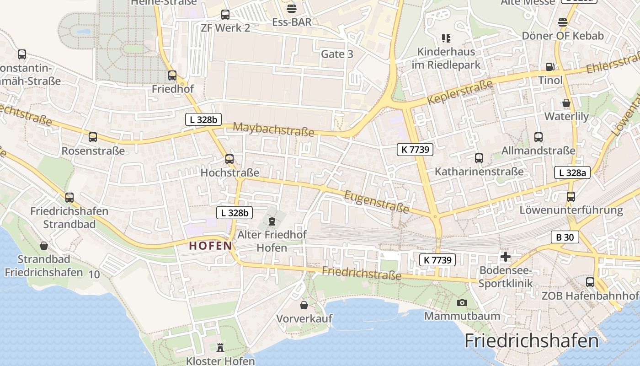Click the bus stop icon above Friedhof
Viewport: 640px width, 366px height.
(172, 75)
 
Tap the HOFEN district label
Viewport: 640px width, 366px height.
(211, 246)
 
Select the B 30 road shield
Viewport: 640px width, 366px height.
(565, 237)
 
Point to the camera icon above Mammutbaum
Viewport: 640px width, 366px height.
(462, 302)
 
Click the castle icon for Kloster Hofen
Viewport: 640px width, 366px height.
(220, 348)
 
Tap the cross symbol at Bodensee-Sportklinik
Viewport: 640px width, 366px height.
(506, 257)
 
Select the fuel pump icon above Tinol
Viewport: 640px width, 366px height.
(550, 67)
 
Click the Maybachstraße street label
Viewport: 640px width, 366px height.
(273, 129)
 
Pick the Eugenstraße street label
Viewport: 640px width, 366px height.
(376, 202)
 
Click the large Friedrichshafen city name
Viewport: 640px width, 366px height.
(531, 341)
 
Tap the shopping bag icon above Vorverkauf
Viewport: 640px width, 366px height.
(304, 305)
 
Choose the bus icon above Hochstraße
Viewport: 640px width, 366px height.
(229, 159)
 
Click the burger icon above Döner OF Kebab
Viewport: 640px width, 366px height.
(563, 22)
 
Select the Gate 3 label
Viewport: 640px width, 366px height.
(337, 54)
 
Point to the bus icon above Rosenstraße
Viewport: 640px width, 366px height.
(93, 137)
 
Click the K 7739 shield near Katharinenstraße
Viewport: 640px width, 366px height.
(415, 149)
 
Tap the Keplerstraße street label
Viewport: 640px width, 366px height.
(460, 91)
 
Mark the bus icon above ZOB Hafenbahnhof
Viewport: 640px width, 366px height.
(590, 282)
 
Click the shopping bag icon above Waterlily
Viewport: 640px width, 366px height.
(566, 103)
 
